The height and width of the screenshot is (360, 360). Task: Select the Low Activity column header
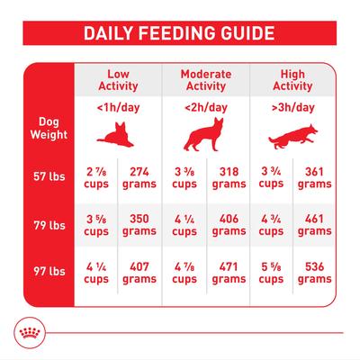tap(119, 79)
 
